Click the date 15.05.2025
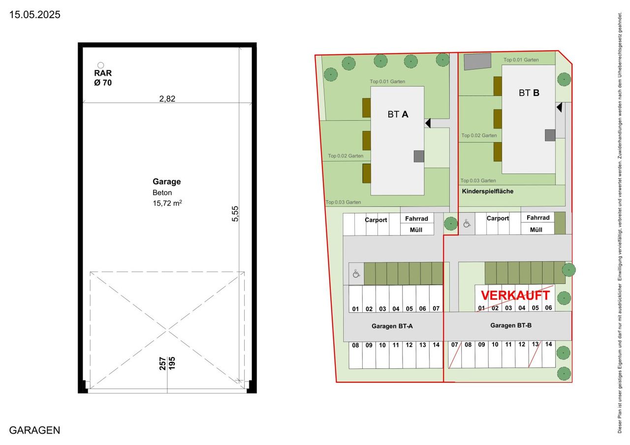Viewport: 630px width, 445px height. [34, 15]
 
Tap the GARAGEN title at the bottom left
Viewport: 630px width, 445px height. [34, 430]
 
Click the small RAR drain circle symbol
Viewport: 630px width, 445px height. [100, 65]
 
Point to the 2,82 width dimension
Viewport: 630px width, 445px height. [167, 99]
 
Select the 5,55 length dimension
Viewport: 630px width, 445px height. [235, 214]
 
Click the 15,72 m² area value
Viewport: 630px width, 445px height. [167, 203]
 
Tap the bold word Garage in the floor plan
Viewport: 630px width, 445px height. [166, 181]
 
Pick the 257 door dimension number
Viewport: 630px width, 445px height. [162, 363]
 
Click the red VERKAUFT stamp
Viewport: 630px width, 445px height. [515, 295]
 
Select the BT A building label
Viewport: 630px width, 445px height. [398, 115]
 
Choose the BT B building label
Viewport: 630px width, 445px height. [529, 93]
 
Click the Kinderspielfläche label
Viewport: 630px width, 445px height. [487, 191]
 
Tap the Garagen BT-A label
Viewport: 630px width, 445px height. [392, 326]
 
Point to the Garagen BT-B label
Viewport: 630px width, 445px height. [511, 326]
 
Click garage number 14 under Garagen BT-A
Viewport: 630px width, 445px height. [436, 345]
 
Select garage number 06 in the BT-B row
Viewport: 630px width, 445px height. [548, 308]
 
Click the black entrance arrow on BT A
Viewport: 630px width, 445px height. [428, 123]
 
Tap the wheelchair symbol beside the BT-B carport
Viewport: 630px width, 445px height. [467, 224]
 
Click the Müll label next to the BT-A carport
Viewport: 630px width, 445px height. [416, 230]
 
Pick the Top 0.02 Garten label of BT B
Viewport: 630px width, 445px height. [479, 135]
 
